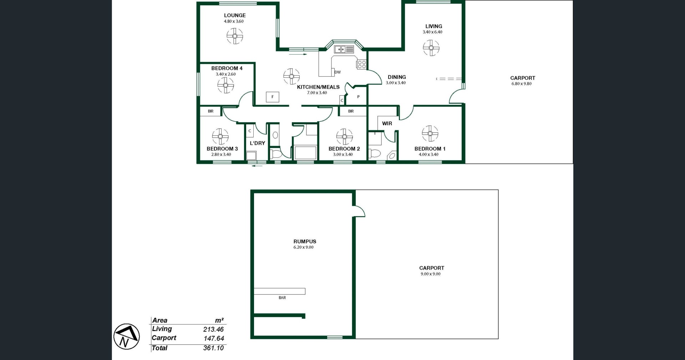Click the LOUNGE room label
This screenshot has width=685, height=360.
[x=235, y=15]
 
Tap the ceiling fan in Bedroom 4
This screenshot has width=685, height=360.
[x=225, y=85]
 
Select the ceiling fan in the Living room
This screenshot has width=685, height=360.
[x=431, y=47]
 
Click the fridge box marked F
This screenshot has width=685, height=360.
[x=273, y=97]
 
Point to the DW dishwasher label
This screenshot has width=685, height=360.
[x=338, y=72]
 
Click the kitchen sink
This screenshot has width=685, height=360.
[x=344, y=49]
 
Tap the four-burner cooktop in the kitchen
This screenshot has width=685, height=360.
[x=361, y=64]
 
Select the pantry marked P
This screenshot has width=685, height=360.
[x=358, y=97]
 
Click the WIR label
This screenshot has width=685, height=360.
[x=387, y=123]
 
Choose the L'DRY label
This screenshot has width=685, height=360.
[x=257, y=143]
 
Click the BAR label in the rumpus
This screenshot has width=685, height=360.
[x=282, y=298]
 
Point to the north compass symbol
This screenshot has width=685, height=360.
[x=127, y=336]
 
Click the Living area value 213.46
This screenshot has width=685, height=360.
[x=213, y=329]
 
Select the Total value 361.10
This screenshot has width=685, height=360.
[x=213, y=348]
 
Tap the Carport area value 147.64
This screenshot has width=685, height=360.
[x=213, y=339]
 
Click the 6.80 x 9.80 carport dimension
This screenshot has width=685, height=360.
[x=522, y=84]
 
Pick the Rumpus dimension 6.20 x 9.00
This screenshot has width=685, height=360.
[x=304, y=247]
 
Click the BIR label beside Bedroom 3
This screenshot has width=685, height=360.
[x=211, y=111]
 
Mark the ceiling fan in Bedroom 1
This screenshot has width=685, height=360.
[x=430, y=134]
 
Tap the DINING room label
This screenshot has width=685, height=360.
[x=397, y=77]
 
